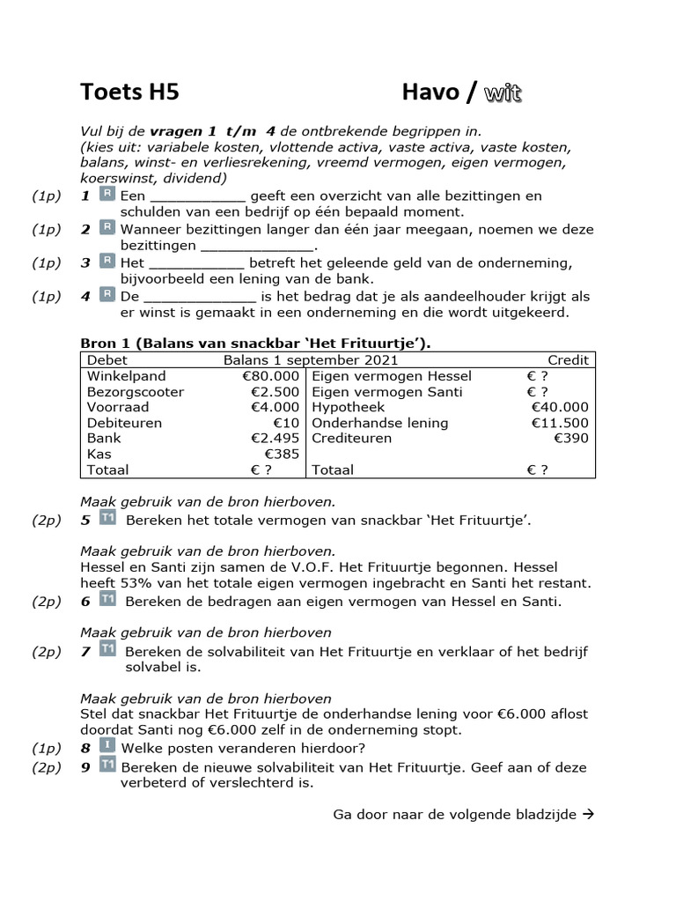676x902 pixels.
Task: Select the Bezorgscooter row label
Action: [x=123, y=392]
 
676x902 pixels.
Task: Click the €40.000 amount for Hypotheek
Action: [x=560, y=407]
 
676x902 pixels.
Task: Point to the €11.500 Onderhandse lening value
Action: [x=560, y=423]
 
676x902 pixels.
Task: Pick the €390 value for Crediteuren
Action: [x=571, y=439]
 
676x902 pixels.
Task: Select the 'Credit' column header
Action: [x=568, y=360]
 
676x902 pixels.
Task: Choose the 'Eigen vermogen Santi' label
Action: [x=378, y=392]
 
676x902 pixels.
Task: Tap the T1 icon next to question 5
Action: [x=107, y=518]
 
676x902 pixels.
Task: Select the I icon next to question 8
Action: [x=107, y=746]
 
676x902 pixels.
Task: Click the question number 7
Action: [x=85, y=652]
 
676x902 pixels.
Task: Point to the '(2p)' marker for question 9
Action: [x=47, y=767]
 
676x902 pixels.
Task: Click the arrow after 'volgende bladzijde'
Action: [x=589, y=814]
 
